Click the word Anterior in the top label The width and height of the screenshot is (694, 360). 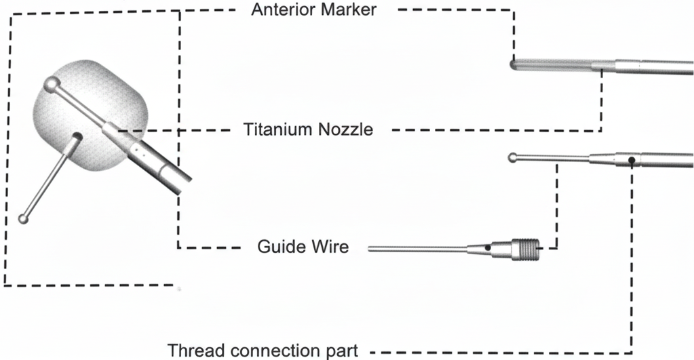coord(280,9)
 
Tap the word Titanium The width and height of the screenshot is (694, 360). coord(277,129)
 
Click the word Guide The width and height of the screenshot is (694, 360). coord(280,246)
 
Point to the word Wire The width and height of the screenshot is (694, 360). coord(330,246)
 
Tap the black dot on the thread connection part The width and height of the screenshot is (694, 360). coord(631,160)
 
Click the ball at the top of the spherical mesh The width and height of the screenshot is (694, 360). coord(50,85)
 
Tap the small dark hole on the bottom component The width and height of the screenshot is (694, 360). coord(488,249)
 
